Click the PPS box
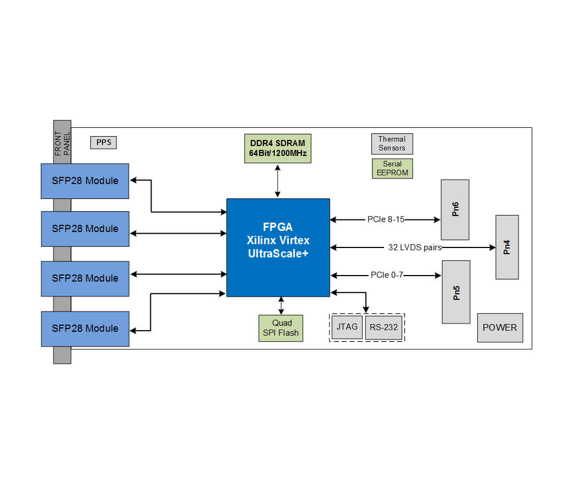[104, 142]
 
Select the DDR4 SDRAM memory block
[277, 148]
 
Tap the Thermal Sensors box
[392, 144]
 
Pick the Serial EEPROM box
[392, 168]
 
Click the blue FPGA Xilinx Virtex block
[278, 247]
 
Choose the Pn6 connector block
[455, 209]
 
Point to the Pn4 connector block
[507, 247]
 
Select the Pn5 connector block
[456, 292]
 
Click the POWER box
[500, 327]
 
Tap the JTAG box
[347, 327]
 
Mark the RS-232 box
[383, 327]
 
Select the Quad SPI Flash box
[281, 328]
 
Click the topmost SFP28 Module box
[85, 181]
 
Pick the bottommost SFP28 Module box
[85, 328]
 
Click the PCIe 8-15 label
[386, 219]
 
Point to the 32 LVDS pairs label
[414, 247]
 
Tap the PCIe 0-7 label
[387, 274]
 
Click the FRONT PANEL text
[62, 142]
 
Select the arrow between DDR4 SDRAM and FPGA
[278, 180]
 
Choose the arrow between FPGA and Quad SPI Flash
[282, 305]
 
